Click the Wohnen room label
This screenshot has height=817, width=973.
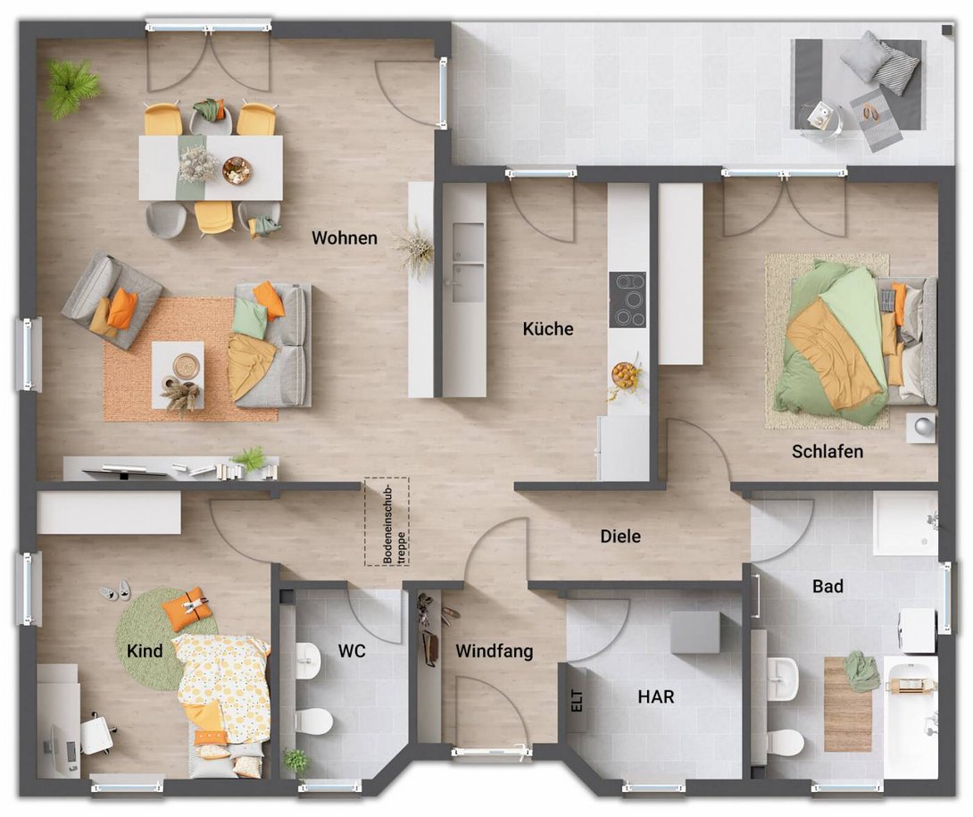pos(344,238)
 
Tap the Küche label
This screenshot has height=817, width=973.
pos(547,329)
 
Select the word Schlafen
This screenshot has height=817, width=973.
pos(827,452)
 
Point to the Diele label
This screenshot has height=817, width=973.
pos(620,537)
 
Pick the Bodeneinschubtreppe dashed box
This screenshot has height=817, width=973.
pos(386,521)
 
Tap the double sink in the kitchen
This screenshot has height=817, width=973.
pos(467,263)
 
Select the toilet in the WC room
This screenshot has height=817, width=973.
pos(313,720)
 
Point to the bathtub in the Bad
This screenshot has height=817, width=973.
pos(911,714)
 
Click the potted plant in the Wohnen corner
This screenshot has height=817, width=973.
pos(71,87)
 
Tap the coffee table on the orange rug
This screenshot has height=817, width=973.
pos(178,374)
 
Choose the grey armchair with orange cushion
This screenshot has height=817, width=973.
pos(112,299)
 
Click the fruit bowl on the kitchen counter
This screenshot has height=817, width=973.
pos(626,376)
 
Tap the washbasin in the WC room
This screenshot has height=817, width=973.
pos(307,659)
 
